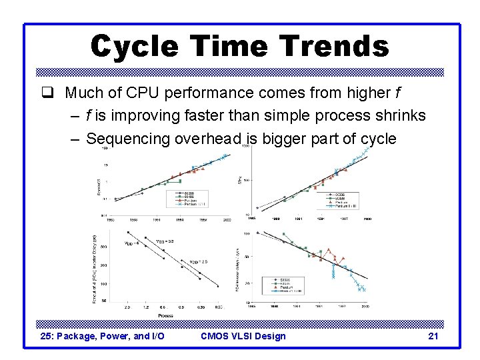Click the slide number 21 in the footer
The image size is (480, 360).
[433, 336]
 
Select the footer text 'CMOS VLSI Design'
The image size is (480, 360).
[243, 336]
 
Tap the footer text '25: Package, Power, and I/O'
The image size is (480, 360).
[103, 336]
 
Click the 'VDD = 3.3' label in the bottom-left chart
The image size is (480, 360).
[164, 241]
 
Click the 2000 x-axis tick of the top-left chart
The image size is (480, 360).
[227, 219]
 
